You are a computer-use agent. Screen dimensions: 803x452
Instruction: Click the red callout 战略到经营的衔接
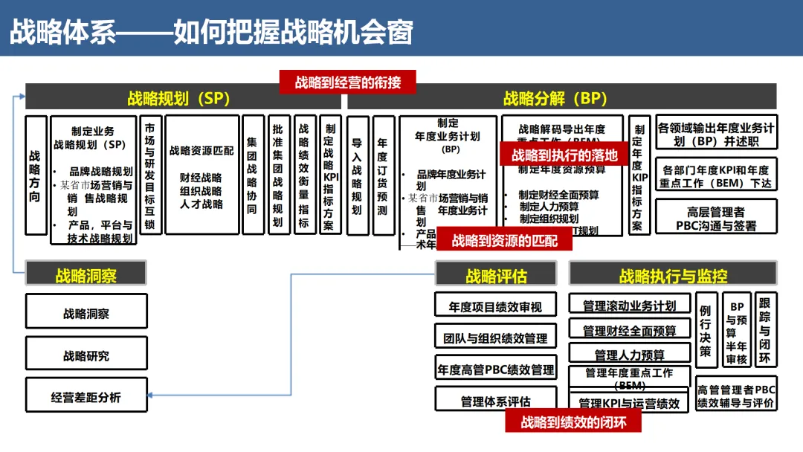[347, 82]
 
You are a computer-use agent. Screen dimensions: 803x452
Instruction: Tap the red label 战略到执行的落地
[565, 155]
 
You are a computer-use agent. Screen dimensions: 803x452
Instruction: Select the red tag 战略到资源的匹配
[505, 240]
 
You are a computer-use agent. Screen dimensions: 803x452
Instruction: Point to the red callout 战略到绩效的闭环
[573, 422]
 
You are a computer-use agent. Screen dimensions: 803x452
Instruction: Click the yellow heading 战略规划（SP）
[178, 98]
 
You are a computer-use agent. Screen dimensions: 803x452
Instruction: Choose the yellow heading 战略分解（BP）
[555, 98]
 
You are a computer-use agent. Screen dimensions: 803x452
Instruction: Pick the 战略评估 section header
[496, 276]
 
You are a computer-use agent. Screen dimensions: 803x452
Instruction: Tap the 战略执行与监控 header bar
[673, 276]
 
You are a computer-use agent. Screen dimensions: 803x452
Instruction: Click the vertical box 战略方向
[36, 175]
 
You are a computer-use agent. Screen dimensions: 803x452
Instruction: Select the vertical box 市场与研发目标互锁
[150, 175]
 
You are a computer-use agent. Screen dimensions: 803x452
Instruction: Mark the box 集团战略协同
[253, 175]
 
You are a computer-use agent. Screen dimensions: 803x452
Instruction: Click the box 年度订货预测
[383, 175]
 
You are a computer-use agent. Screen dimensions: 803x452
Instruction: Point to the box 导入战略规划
[358, 175]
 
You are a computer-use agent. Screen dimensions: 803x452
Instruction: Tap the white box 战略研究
[86, 355]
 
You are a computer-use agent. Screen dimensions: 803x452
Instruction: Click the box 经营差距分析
[86, 397]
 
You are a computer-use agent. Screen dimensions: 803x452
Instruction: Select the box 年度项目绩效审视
[495, 306]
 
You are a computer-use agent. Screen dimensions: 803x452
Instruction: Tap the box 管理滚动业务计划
[630, 306]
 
